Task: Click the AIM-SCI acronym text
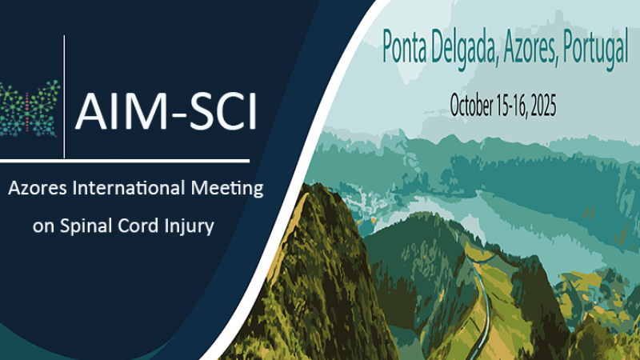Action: tap(166, 111)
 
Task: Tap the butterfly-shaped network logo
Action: tap(30, 109)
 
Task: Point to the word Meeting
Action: tap(225, 190)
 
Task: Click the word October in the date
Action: tap(474, 104)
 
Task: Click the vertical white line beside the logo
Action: tap(64, 96)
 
